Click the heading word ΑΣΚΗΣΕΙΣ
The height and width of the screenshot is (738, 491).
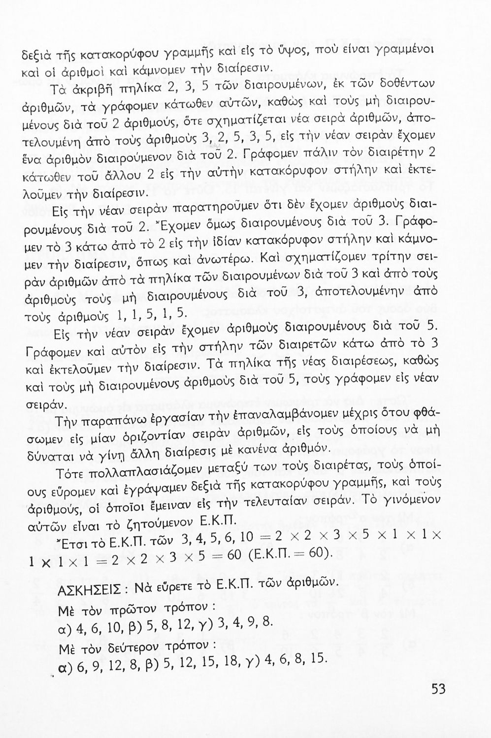pos(86,588)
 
